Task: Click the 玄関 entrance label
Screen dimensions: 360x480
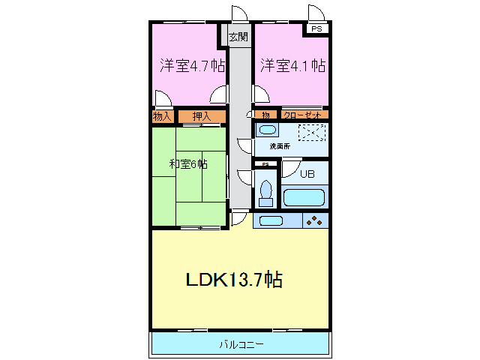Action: pyautogui.click(x=238, y=35)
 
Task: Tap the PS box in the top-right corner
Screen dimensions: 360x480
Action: pyautogui.click(x=318, y=28)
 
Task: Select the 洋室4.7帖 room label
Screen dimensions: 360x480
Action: pyautogui.click(x=192, y=65)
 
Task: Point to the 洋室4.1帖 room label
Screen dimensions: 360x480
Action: pyautogui.click(x=292, y=65)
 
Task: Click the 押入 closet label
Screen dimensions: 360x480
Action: pyautogui.click(x=201, y=116)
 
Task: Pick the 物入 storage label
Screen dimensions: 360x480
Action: pyautogui.click(x=163, y=116)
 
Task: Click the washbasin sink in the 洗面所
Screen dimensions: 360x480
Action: pyautogui.click(x=267, y=130)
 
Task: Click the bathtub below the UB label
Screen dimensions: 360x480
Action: pyautogui.click(x=304, y=198)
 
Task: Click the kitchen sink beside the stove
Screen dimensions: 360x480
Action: pyautogui.click(x=270, y=220)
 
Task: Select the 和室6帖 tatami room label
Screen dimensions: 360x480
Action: pyautogui.click(x=187, y=163)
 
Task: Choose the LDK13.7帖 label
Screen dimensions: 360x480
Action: pyautogui.click(x=234, y=280)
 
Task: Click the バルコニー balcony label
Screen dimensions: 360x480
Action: pyautogui.click(x=241, y=344)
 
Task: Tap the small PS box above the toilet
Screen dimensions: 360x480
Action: pyautogui.click(x=265, y=164)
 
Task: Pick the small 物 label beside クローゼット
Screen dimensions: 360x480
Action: pyautogui.click(x=265, y=115)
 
